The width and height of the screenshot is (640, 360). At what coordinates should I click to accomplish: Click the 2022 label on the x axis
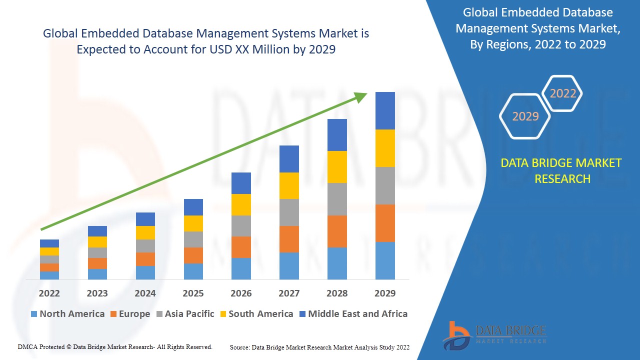[x=49, y=293]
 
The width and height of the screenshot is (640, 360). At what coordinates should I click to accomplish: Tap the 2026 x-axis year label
[x=241, y=293]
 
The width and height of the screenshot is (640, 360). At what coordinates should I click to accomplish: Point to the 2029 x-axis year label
[x=385, y=293]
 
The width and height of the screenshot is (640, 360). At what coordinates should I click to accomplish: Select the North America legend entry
[x=67, y=314]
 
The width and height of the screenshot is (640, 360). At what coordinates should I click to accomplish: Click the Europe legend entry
[x=129, y=314]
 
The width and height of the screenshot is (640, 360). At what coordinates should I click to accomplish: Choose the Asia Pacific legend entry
[x=185, y=314]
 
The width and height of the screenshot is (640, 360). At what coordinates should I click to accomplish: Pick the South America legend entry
[x=256, y=314]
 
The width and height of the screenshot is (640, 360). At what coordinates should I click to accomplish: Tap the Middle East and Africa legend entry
[x=353, y=314]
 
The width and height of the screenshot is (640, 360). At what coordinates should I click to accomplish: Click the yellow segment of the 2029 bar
[x=385, y=148]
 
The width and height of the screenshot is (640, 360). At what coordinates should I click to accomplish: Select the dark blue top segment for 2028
[x=337, y=134]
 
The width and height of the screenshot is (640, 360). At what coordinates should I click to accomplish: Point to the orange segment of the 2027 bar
[x=289, y=239]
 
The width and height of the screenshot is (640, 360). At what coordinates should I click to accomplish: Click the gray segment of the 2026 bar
[x=241, y=225]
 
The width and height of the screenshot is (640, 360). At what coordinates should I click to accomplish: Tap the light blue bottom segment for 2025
[x=193, y=271]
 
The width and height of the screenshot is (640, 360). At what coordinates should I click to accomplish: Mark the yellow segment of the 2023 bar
[x=97, y=241]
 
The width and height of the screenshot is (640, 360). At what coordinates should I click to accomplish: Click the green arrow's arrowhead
[x=361, y=97]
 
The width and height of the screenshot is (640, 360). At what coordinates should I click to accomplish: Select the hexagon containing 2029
[x=525, y=116]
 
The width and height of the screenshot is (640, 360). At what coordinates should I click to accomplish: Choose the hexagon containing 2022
[x=562, y=93]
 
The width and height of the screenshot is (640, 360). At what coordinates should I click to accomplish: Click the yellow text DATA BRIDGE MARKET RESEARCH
[x=561, y=171]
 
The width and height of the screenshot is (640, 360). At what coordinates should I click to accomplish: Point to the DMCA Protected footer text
[x=115, y=347]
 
